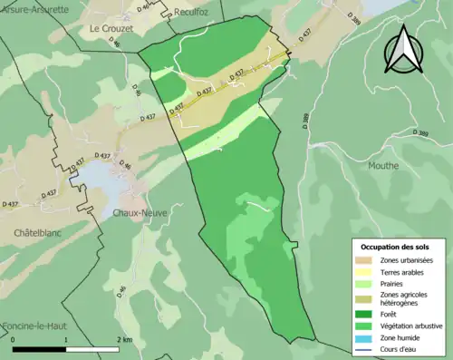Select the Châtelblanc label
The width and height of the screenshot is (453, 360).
pyautogui.click(x=37, y=233)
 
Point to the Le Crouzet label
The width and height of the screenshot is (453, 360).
pyautogui.click(x=111, y=28)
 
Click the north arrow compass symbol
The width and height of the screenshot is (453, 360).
pyautogui.click(x=405, y=50)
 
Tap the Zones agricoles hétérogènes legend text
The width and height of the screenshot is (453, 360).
pyautogui.click(x=404, y=298)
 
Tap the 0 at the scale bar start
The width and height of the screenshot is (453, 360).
pyautogui.click(x=13, y=340)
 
